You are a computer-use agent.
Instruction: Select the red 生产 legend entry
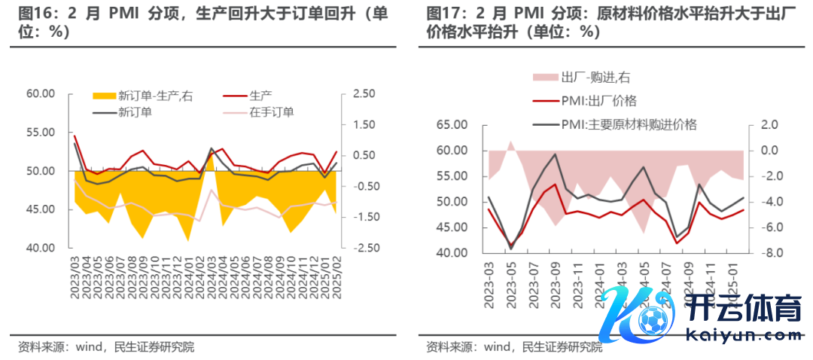pos(260,96)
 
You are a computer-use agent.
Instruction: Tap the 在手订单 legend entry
pos(272,111)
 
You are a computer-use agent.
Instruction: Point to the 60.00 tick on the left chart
pos(41,94)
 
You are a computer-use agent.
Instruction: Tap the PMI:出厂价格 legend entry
pos(598,100)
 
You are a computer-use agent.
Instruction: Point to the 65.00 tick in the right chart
pos(452,125)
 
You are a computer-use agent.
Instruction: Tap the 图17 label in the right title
pos(443,14)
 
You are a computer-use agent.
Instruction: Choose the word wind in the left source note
pos(91,347)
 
